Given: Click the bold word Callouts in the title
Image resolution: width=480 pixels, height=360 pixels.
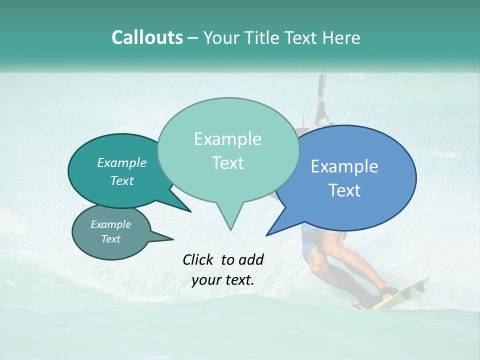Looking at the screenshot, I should click(x=147, y=37).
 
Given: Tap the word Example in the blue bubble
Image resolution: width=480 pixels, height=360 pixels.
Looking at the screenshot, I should click(x=344, y=166).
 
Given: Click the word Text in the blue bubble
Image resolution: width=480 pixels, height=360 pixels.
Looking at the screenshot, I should click(x=344, y=190).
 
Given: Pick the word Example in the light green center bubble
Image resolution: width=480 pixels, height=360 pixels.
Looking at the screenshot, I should click(x=227, y=139).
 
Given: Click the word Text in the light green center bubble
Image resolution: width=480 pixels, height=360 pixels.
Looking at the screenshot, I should click(x=227, y=163).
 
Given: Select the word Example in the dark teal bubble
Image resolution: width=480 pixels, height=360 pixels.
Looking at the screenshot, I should click(x=122, y=162).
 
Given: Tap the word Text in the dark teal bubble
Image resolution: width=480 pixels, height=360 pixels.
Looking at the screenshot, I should click(x=122, y=180).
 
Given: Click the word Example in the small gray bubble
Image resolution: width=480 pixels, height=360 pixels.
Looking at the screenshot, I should click(x=111, y=224).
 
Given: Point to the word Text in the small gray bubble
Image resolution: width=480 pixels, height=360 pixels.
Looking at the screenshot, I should click(x=111, y=239).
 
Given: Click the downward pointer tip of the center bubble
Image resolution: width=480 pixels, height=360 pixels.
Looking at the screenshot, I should click(x=230, y=229).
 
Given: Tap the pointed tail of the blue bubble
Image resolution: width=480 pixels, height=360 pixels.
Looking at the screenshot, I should click(x=267, y=234).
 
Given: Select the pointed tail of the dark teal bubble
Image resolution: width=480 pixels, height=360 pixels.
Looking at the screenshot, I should click(x=189, y=211).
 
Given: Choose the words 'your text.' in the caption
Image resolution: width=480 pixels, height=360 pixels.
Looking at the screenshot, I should click(x=223, y=280).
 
